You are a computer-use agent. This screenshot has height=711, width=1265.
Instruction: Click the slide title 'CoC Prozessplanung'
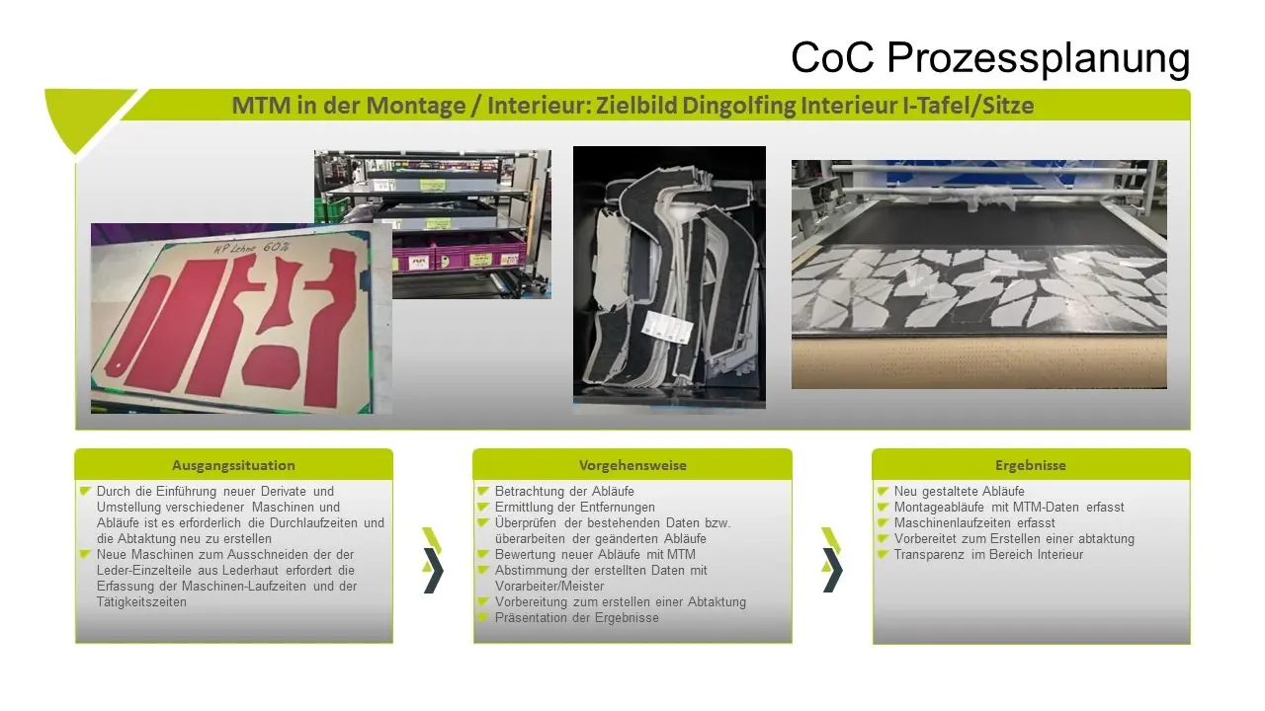pos(990,58)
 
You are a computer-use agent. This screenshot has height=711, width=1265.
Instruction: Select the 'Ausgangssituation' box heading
pos(233,465)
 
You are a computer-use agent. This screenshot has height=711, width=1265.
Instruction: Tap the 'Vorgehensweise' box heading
pos(632,465)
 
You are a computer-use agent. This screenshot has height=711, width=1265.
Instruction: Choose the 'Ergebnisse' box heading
pos(1031,465)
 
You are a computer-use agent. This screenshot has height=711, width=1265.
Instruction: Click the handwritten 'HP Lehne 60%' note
pos(252,248)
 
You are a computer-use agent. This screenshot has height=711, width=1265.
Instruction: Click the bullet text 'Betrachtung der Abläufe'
pos(564,492)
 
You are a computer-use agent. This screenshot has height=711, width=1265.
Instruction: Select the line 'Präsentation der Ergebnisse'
pos(576,618)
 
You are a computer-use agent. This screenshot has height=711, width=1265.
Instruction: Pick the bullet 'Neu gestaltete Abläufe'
pos(959,492)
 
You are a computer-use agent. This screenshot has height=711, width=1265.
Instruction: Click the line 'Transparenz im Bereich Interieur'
pos(988,555)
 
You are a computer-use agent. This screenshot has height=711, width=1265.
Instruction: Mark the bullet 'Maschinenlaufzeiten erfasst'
pos(974,523)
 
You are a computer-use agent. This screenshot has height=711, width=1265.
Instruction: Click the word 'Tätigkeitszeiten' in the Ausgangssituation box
pos(141,602)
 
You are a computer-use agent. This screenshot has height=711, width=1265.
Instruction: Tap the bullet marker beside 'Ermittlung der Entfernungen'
pos(482,507)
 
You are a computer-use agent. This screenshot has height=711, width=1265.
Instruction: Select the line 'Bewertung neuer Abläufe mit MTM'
pos(595,555)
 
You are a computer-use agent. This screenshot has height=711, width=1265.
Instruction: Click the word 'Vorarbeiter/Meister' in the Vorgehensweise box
pos(549,587)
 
